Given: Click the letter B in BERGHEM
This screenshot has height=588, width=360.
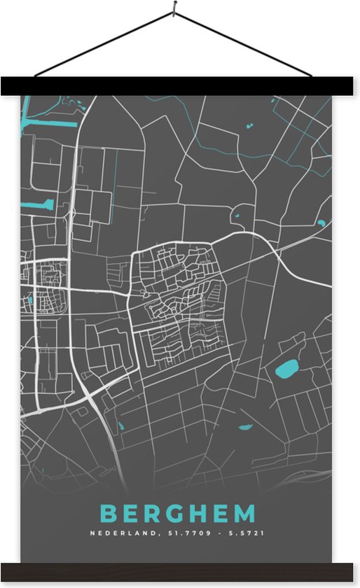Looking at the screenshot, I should tap(108, 514).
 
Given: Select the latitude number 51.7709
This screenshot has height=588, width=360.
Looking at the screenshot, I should tap(183, 533).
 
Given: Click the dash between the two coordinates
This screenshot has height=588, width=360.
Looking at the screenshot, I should tap(216, 533).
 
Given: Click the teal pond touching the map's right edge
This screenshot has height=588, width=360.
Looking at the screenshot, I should tap(321, 223).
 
